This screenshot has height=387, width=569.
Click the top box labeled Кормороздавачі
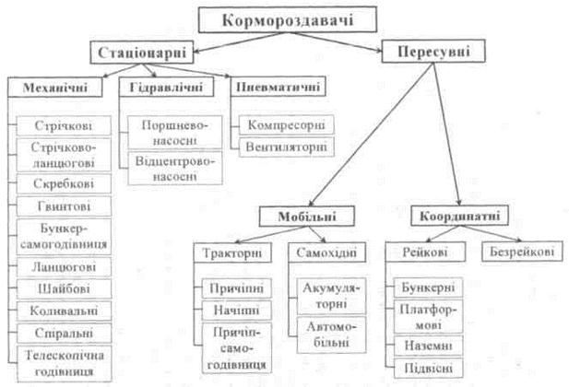pyautogui.click(x=288, y=19)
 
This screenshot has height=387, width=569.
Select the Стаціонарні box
pyautogui.click(x=142, y=53)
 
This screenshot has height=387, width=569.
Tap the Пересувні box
pyautogui.click(x=433, y=52)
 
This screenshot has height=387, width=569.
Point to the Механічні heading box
pyautogui.click(x=55, y=87)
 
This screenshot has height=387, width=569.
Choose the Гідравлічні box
pyautogui.click(x=166, y=87)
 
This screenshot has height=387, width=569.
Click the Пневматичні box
pyautogui.click(x=278, y=87)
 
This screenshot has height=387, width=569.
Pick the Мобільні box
pyautogui.click(x=307, y=217)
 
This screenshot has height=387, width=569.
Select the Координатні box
pyautogui.click(x=460, y=216)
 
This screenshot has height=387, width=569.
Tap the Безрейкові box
pyautogui.click(x=522, y=252)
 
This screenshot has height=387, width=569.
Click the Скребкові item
pyautogui.click(x=64, y=183)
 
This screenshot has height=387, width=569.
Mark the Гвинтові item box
pyautogui.click(x=64, y=206)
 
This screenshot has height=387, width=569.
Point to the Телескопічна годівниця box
pyautogui.click(x=65, y=364)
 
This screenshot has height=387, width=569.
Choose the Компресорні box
pyautogui.click(x=286, y=124)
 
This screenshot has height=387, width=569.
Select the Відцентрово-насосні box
pyautogui.click(x=175, y=169)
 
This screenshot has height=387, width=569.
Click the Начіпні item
pyautogui.click(x=237, y=311)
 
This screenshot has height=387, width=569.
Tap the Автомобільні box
pyautogui.click(x=331, y=334)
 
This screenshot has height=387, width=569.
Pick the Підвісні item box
pyautogui.click(x=428, y=369)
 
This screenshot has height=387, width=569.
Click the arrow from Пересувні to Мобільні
pyautogui.click(x=372, y=135)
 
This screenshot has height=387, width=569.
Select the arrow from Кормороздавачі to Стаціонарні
pyautogui.click(x=239, y=42)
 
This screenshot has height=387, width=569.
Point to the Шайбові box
pyautogui.click(x=64, y=288)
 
